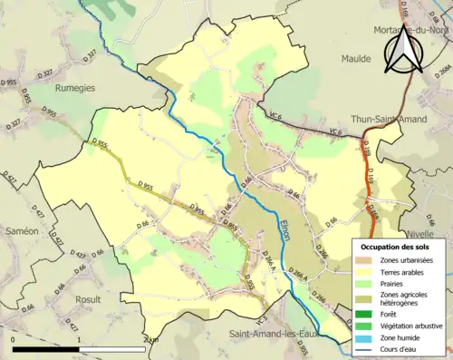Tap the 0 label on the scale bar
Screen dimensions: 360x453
pyautogui.click(x=14, y=340)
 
